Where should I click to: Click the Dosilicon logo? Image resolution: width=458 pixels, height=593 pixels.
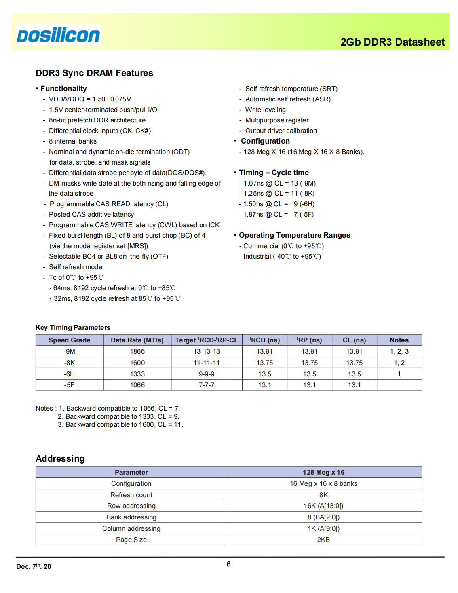point(59,35)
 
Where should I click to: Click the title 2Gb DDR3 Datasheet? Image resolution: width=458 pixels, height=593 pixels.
point(392,42)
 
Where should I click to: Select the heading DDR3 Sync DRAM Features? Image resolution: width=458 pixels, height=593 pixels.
point(94,73)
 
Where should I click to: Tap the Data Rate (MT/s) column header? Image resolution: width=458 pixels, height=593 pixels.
point(137,340)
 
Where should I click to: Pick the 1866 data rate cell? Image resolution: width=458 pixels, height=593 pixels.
point(137,351)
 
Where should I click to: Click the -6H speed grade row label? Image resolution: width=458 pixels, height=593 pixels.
point(69,374)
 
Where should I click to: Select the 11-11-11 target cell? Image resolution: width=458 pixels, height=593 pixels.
point(206,363)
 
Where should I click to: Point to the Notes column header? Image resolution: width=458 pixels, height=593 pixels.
point(399,340)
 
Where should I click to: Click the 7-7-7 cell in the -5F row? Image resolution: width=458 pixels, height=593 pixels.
point(206,385)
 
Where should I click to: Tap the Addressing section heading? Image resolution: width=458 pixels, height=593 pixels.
point(60,458)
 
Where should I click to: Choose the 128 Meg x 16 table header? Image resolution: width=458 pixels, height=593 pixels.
point(323,472)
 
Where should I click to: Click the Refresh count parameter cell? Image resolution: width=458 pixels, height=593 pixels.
point(131,495)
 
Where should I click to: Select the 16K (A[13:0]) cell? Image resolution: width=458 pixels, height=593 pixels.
point(323,506)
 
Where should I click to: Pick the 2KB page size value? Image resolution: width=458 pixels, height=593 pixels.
point(323,540)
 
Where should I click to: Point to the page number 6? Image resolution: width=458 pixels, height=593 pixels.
point(228,564)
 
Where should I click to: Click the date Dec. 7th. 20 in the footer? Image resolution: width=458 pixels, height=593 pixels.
point(34,566)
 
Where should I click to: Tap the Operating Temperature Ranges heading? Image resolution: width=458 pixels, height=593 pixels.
point(294,235)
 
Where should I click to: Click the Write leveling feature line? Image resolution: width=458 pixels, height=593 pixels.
point(265,110)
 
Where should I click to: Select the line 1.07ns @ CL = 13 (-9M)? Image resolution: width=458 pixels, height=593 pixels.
point(279,183)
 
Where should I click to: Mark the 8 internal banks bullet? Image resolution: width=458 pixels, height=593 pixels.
point(73,141)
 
